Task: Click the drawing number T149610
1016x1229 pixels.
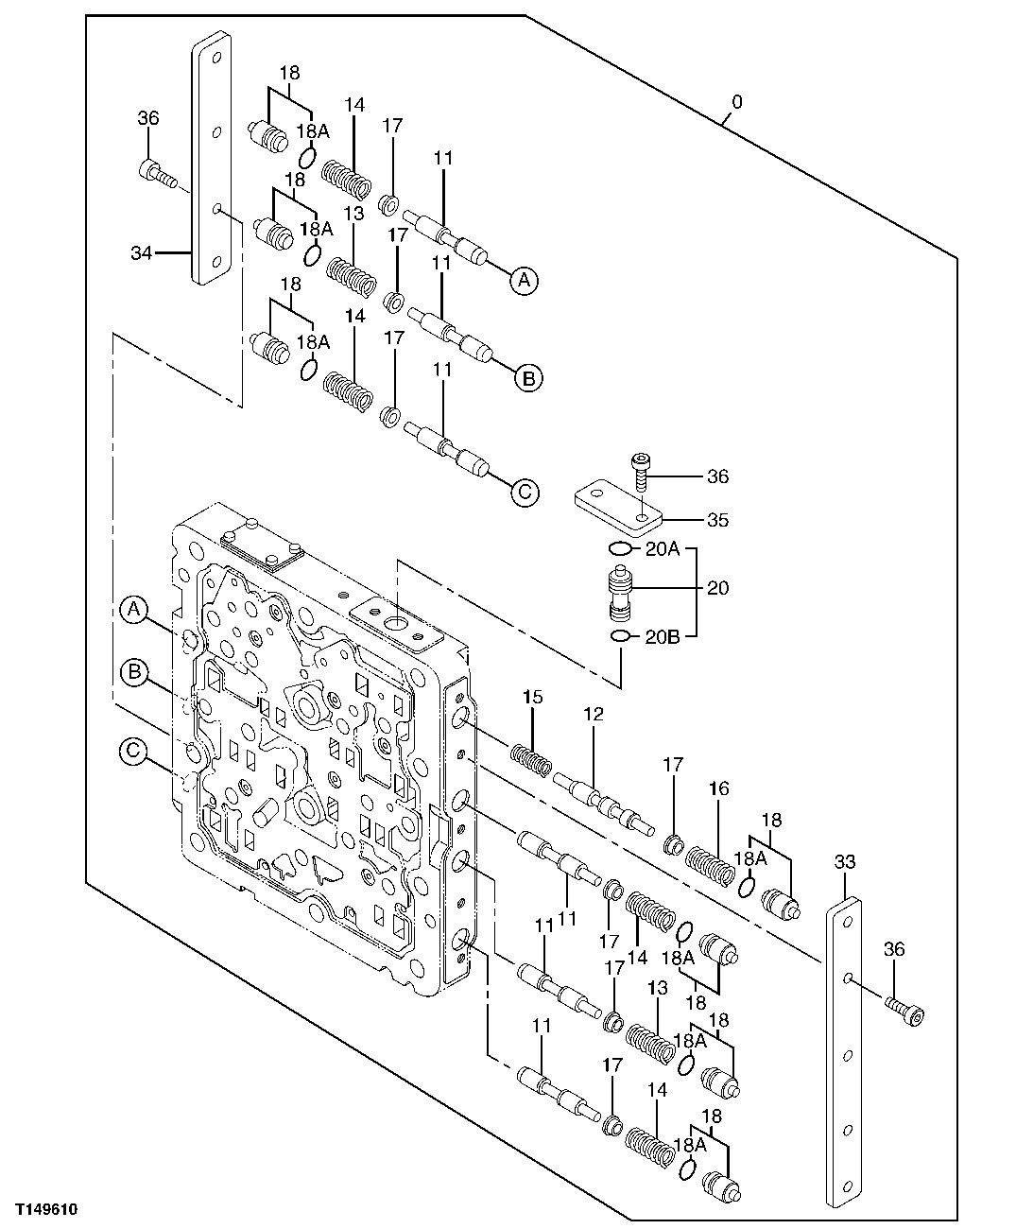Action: tap(44, 1210)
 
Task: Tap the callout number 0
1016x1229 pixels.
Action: tap(736, 101)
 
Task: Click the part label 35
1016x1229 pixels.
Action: tap(717, 519)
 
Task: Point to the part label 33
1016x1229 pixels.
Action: tap(844, 861)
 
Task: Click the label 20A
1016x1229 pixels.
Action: tap(661, 548)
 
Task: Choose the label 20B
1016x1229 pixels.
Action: tap(661, 636)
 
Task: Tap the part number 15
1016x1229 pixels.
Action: tap(533, 697)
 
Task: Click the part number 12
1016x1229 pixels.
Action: tap(593, 715)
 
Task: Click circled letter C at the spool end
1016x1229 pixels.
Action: tap(525, 491)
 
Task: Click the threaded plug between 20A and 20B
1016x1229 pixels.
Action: tap(621, 594)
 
